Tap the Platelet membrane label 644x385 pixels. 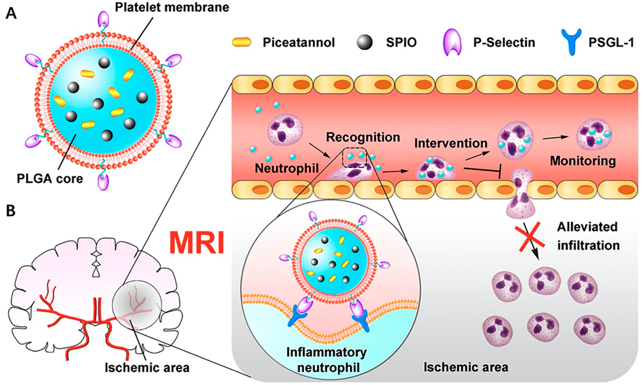[172, 7]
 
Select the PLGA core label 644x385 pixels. [50, 178]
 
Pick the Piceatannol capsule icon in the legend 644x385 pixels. [242, 42]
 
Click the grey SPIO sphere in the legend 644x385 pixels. [365, 42]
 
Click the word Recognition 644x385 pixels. [363, 137]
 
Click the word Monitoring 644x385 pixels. [583, 161]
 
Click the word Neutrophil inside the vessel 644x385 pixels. [286, 168]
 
